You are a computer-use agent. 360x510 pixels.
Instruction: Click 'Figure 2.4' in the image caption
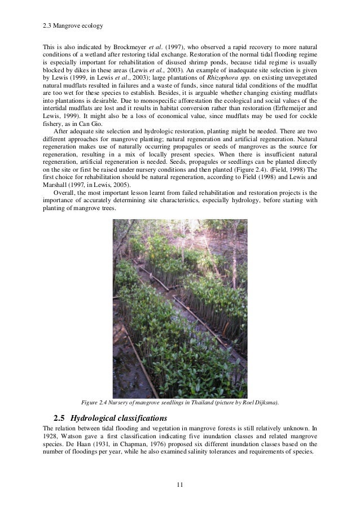97,402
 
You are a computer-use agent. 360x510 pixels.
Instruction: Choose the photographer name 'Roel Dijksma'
261,402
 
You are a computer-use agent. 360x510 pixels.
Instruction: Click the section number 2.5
59,419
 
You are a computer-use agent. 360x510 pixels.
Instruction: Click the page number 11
179,484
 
